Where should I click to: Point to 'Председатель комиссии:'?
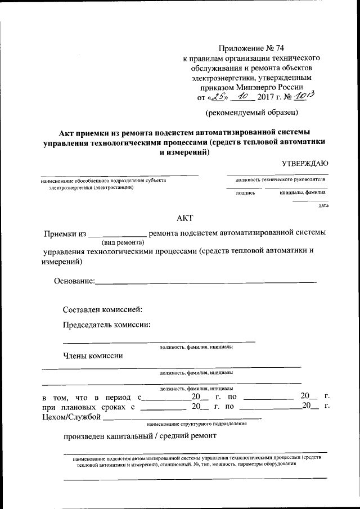tap(106, 325)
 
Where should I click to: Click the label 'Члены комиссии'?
tap(93, 355)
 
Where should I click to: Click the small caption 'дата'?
tap(323, 206)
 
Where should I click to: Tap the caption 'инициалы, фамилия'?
tap(302, 192)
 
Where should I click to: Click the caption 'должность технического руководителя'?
tap(280, 179)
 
